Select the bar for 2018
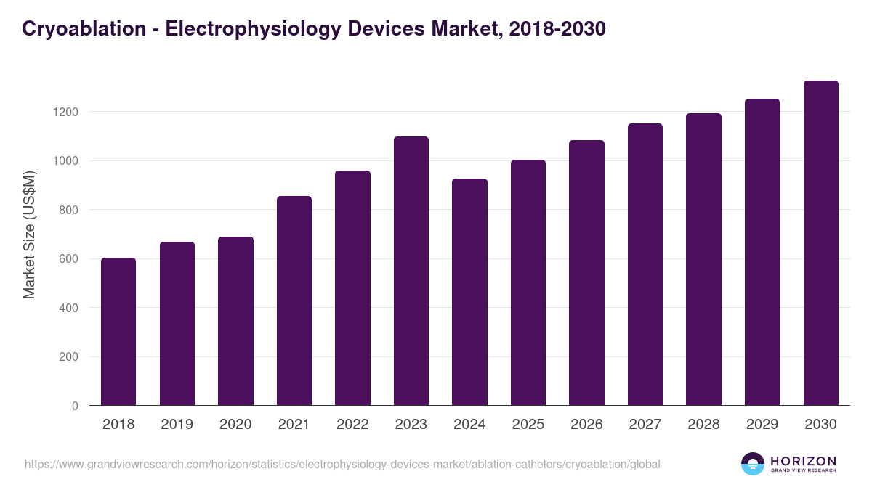pyautogui.click(x=118, y=332)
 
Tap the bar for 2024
pyautogui.click(x=469, y=292)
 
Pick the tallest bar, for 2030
pyautogui.click(x=820, y=243)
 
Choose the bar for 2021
pyautogui.click(x=294, y=301)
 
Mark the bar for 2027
pyautogui.click(x=645, y=264)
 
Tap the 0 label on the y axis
pyautogui.click(x=75, y=406)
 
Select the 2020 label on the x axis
pyautogui.click(x=235, y=425)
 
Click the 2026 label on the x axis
pyautogui.click(x=586, y=425)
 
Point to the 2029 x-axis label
pyautogui.click(x=762, y=425)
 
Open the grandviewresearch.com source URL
pyautogui.click(x=342, y=464)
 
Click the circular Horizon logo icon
pyautogui.click(x=753, y=464)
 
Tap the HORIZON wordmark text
pyautogui.click(x=803, y=461)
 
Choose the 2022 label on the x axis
pyautogui.click(x=352, y=425)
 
